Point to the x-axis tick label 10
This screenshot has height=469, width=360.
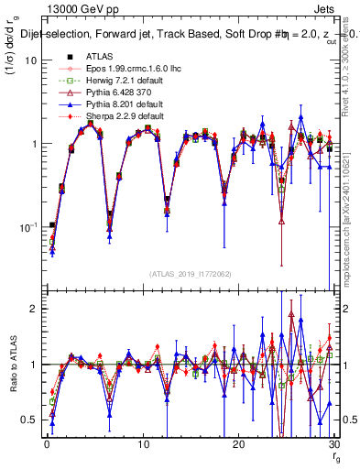[x=142, y=443]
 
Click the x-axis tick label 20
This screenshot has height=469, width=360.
[x=238, y=443]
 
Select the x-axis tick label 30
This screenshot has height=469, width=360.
[x=333, y=443]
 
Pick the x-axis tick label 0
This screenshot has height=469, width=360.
[x=47, y=443]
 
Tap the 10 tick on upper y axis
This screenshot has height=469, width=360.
[x=30, y=60]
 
